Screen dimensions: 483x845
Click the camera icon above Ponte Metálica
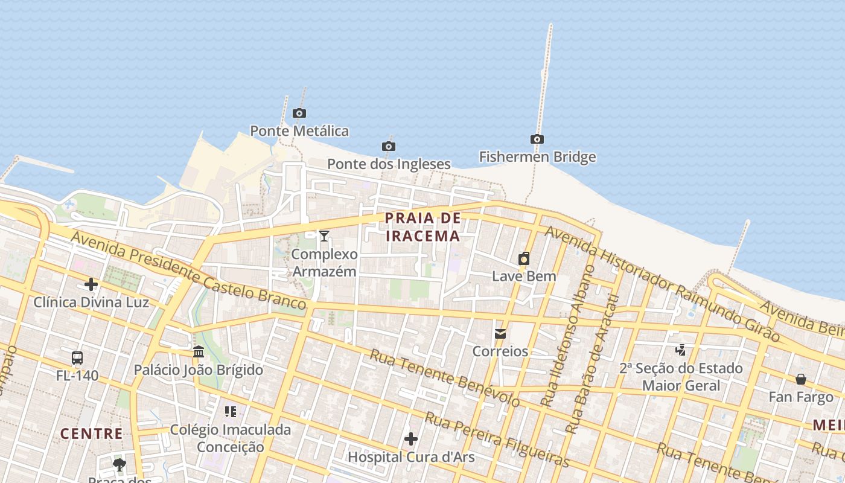point(299,113)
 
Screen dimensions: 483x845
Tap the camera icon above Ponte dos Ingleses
point(388,146)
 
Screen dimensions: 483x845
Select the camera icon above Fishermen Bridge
point(537,139)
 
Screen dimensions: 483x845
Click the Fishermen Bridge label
point(537,157)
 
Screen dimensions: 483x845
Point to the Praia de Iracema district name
point(422,226)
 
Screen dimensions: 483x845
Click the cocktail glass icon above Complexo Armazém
point(324,235)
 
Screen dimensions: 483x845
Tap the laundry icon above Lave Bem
point(523,258)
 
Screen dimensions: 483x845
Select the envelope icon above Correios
point(500,333)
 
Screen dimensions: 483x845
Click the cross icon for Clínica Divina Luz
point(91,284)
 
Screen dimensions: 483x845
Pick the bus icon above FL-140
point(77,357)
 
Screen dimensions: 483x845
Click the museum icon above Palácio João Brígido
point(198,351)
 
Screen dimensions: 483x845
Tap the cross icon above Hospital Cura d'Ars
point(411,438)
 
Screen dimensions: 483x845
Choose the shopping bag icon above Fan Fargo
point(800,379)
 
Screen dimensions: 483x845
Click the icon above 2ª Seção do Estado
point(681,350)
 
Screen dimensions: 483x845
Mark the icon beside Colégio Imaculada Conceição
point(230,412)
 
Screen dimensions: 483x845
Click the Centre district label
point(92,433)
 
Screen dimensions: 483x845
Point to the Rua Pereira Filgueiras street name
point(497,439)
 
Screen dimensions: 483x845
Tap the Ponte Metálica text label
point(299,130)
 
